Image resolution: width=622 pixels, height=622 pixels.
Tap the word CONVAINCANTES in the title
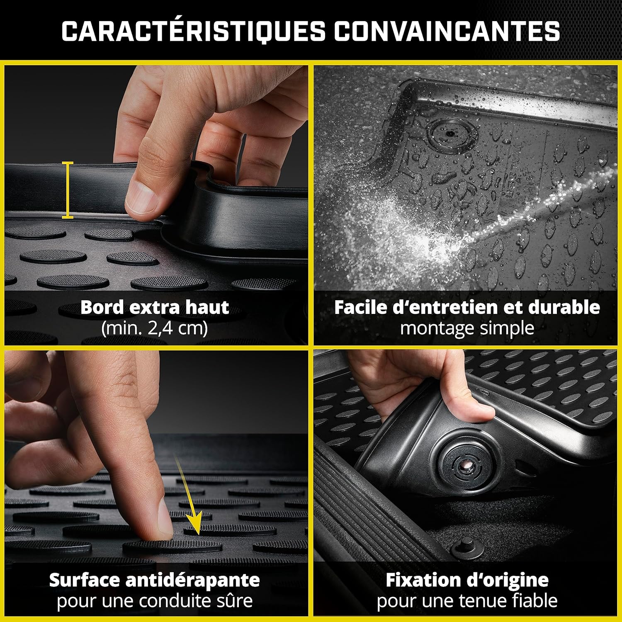pyautogui.click(x=447, y=31)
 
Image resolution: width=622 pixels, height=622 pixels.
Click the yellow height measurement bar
pyautogui.click(x=68, y=190)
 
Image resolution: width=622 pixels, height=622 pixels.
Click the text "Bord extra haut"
pyautogui.click(x=154, y=308)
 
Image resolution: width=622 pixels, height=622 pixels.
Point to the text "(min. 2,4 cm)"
pyautogui.click(x=154, y=328)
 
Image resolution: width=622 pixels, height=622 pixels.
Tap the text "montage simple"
pyautogui.click(x=467, y=328)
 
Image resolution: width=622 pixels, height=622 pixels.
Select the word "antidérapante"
pyautogui.click(x=192, y=580)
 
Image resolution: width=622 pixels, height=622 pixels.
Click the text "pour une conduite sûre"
pyautogui.click(x=154, y=600)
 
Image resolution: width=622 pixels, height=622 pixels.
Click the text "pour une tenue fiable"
pyautogui.click(x=467, y=600)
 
